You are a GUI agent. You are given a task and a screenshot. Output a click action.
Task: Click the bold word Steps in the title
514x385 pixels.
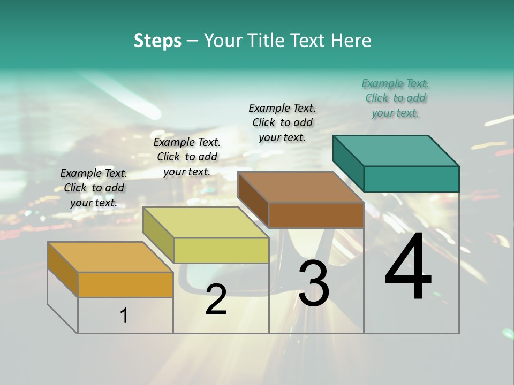click(157, 41)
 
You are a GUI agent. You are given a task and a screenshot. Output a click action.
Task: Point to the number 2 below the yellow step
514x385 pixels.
click(216, 299)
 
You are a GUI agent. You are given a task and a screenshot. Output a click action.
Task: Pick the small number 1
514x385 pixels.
click(124, 316)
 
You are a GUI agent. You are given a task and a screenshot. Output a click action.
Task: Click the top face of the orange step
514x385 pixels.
click(110, 257)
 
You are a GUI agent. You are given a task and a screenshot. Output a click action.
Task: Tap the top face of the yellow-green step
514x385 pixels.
click(206, 222)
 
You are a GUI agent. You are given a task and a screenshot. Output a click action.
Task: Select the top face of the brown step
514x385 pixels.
click(300, 187)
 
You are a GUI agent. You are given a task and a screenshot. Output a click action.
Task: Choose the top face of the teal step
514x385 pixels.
click(396, 151)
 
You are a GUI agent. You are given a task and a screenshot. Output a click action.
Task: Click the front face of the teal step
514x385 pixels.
click(411, 179)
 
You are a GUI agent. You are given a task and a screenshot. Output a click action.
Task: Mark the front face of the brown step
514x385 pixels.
click(316, 215)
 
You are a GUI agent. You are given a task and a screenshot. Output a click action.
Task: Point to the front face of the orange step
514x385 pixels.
click(125, 284)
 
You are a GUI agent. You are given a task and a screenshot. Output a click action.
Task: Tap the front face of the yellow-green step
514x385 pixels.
click(221, 250)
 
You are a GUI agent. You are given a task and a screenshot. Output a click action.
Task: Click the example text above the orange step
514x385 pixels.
click(94, 188)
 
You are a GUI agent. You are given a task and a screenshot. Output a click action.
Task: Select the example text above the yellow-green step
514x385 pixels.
click(187, 157)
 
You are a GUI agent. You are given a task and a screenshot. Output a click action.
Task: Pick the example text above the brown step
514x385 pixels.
click(282, 122)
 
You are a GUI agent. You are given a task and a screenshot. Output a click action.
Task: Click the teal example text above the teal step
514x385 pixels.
click(395, 98)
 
